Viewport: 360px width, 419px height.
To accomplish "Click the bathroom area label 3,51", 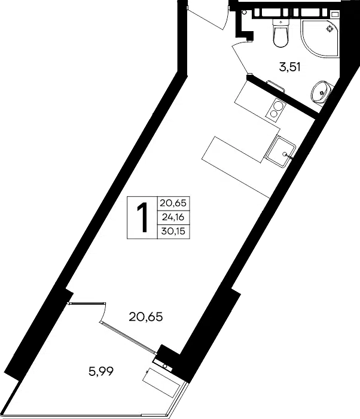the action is tap(290, 67).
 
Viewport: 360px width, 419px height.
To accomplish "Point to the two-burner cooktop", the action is tap(276, 110).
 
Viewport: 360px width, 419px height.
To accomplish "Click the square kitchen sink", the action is tap(280, 151).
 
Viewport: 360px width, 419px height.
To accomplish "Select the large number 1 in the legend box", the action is tap(142, 217).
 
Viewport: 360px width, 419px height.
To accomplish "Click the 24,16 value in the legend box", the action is tap(173, 217).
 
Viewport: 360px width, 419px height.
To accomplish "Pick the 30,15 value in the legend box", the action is tap(173, 231).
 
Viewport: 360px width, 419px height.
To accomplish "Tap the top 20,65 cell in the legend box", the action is tap(173, 204).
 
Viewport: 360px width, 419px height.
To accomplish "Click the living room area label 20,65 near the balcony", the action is tap(146, 317).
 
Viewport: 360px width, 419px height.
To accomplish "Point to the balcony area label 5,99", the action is tap(101, 371).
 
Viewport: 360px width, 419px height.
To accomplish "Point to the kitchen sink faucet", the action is tap(288, 156).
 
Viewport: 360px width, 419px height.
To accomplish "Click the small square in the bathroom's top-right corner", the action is tap(334, 14).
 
